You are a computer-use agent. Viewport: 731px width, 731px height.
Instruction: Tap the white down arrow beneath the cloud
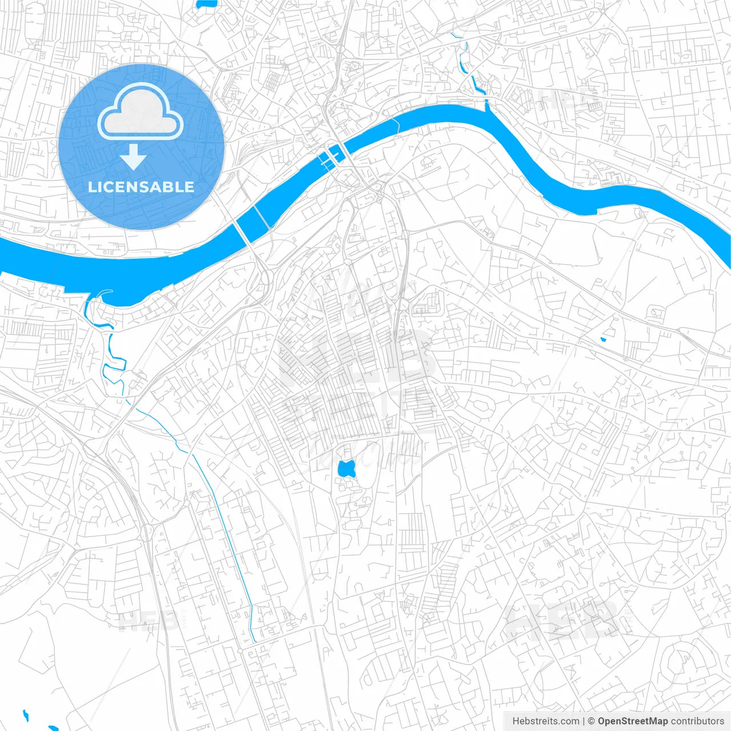(x=134, y=157)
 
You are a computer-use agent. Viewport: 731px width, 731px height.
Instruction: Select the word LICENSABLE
(x=141, y=187)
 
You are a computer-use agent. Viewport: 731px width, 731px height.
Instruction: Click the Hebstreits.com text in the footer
(x=545, y=721)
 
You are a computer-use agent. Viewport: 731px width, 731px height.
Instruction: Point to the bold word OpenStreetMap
(x=632, y=721)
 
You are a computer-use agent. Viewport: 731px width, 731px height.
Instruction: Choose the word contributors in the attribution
(x=697, y=721)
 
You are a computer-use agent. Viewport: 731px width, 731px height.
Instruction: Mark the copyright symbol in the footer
(x=591, y=721)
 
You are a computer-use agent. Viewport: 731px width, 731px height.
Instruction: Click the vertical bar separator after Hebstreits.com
(x=584, y=721)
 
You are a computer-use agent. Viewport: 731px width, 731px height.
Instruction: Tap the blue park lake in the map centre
(x=346, y=469)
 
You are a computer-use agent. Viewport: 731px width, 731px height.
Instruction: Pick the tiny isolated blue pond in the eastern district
(x=603, y=340)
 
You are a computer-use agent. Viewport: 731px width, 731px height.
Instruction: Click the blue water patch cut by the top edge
(x=206, y=3)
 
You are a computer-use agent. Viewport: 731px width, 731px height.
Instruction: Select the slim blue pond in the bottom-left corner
(x=25, y=714)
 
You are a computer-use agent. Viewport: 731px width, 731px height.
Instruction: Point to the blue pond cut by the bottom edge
(x=53, y=728)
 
